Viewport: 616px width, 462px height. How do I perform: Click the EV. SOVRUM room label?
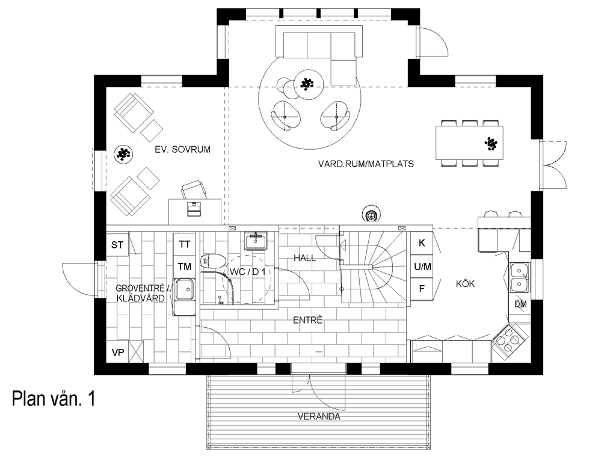click(x=182, y=150)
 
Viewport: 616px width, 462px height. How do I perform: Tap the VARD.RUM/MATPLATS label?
click(x=366, y=164)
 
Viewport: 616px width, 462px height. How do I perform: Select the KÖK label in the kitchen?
click(x=466, y=284)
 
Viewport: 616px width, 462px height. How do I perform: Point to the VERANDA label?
click(x=319, y=416)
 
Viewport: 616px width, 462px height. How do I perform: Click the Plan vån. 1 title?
click(x=54, y=398)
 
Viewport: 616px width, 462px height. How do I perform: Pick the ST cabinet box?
click(x=117, y=245)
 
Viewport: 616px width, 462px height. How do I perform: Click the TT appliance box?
click(x=185, y=244)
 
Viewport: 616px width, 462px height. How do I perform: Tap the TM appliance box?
click(x=185, y=266)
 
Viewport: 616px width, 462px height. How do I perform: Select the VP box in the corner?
click(x=118, y=353)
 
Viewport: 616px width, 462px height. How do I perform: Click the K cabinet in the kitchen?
click(x=422, y=243)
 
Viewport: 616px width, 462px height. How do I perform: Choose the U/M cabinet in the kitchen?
click(x=422, y=266)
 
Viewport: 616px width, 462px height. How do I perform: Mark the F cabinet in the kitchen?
click(x=422, y=289)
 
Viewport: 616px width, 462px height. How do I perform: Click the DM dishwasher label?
click(x=521, y=304)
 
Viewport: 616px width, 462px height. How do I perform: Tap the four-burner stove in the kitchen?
click(x=510, y=340)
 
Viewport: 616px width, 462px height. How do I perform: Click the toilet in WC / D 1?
click(x=213, y=261)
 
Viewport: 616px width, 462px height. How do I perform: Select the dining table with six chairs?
click(x=469, y=143)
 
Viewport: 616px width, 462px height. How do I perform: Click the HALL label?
click(x=305, y=258)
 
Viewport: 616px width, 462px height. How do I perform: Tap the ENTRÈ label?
click(x=308, y=320)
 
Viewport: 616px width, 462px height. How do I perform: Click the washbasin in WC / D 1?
click(x=256, y=241)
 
